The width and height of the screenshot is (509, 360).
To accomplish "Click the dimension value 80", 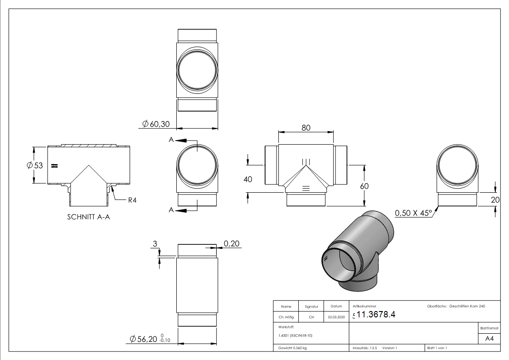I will (306, 128).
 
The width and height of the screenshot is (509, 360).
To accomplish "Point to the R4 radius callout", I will (132, 200).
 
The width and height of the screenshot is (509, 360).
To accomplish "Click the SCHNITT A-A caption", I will (88, 217).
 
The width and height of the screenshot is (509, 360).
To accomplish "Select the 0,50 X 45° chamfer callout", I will (413, 213).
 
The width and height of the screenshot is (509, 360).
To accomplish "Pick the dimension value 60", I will (364, 186).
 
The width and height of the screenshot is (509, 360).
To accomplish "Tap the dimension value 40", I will (247, 179).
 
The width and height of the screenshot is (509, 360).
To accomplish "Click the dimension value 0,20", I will (232, 244).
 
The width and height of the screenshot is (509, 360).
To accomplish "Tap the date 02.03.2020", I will (336, 317).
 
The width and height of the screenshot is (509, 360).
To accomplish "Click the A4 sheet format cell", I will (489, 339).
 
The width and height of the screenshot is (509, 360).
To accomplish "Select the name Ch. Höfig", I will (286, 317).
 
